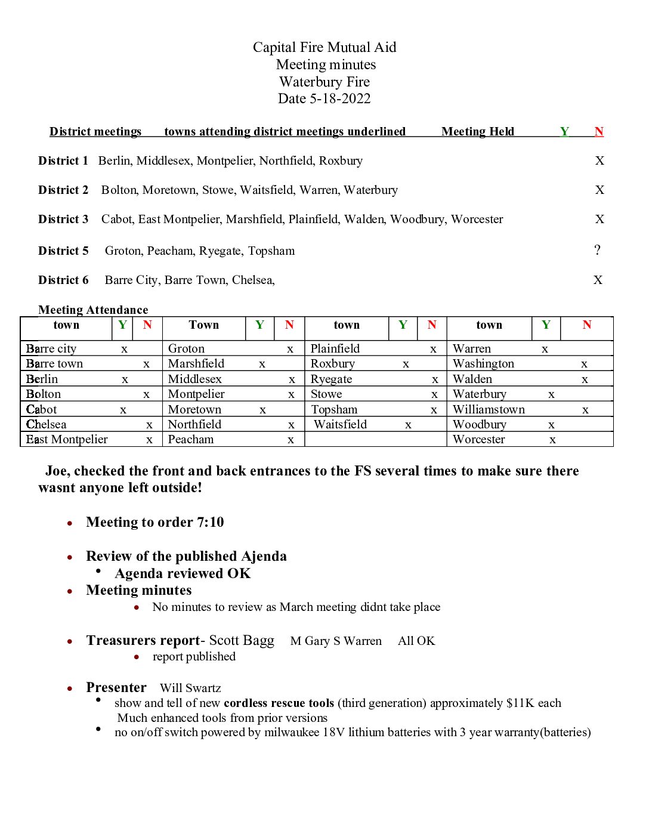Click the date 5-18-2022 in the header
[340, 99]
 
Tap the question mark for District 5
[597, 250]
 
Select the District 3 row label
[63, 220]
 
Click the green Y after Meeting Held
[564, 132]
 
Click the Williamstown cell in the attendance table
[489, 410]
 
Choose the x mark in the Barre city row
[124, 349]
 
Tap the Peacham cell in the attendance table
[191, 440]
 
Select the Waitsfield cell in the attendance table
[340, 425]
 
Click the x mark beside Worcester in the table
[552, 440]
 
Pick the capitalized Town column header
[204, 325]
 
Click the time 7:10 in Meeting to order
[211, 523]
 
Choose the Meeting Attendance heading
[93, 310]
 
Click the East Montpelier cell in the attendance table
[67, 440]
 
